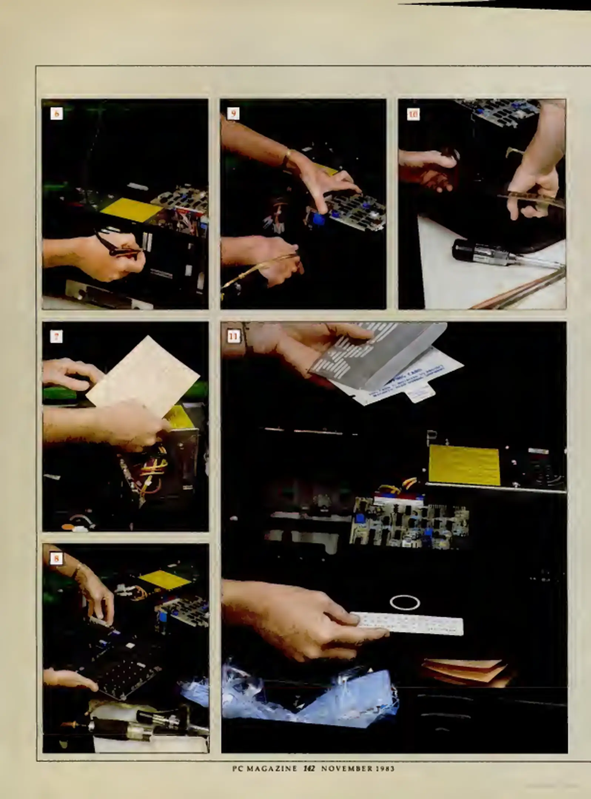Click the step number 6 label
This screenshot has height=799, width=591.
pos(57,114)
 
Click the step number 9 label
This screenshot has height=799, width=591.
pos(233,114)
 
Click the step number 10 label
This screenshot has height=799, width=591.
pos(413,114)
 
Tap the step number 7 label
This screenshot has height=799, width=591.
pos(56,337)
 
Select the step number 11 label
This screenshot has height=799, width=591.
pos(234,337)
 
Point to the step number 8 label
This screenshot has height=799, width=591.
pos(56,559)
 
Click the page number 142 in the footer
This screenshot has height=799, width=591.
pos(309,768)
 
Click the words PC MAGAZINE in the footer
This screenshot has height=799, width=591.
pos(265,768)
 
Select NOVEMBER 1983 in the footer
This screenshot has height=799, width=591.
pos(357,768)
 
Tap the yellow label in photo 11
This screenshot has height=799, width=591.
pos(464,465)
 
